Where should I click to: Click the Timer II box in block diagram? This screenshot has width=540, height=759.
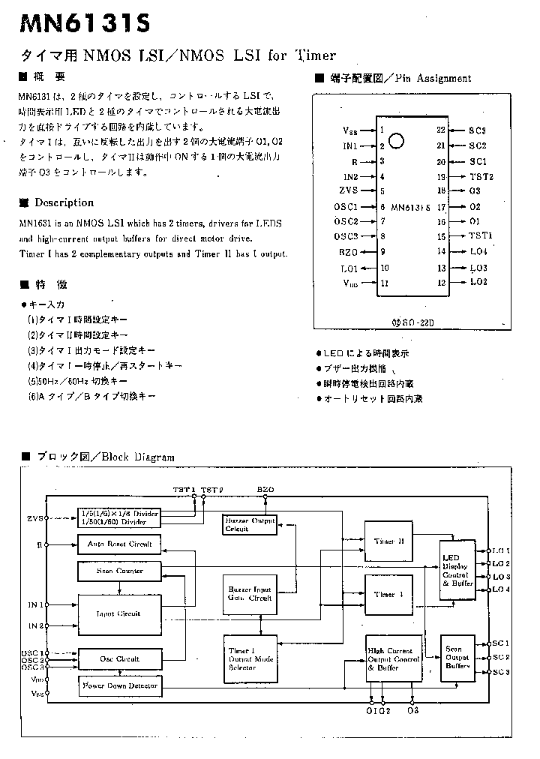pos(388,540)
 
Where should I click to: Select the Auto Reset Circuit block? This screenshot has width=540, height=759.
pos(119,544)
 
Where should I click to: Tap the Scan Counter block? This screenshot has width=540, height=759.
pos(119,571)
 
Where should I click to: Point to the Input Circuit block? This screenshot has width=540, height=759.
pos(119,613)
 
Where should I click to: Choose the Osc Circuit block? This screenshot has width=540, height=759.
pos(119,658)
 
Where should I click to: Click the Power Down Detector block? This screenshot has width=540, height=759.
pos(119,685)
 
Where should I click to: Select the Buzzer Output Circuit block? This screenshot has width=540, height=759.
pos(248,523)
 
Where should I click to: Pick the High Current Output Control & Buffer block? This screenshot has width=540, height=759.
pos(393,658)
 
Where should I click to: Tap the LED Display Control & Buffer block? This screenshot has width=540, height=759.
pos(457,571)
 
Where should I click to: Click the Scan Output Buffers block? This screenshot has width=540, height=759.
pos(457,657)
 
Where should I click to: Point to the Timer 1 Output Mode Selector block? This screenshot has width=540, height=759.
pos(250,658)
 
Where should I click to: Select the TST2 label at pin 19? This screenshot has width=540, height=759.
pos(481,176)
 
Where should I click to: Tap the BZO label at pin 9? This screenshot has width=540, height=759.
pos(349,253)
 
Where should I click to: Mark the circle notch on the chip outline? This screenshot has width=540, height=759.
pos(398,141)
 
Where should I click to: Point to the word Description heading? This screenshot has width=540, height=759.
pos(64,202)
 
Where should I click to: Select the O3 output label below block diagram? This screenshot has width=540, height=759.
pos(413,710)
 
